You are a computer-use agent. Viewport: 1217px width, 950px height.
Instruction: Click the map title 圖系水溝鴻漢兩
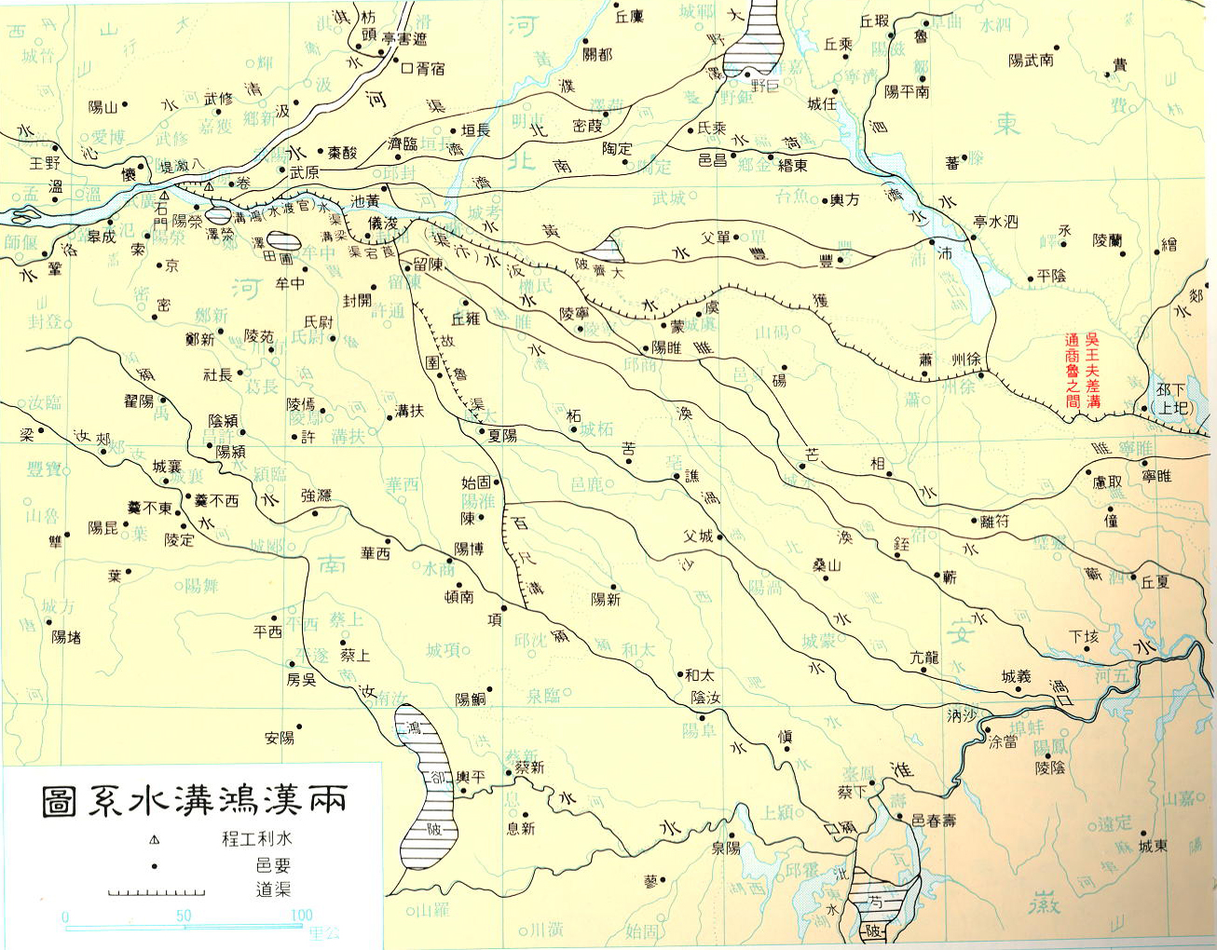(x=195, y=800)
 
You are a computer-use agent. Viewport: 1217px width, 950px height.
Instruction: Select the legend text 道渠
(x=273, y=889)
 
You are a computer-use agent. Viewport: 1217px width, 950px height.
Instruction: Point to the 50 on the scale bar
(x=183, y=916)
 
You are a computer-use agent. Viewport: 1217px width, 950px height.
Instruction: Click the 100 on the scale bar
(x=301, y=916)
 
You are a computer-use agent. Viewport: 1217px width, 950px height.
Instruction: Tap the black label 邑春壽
(x=934, y=820)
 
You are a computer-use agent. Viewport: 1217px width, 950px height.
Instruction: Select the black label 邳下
(x=1170, y=390)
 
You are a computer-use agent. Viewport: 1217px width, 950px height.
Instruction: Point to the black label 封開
(x=357, y=300)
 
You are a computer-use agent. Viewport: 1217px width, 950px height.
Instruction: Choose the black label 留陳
(x=428, y=265)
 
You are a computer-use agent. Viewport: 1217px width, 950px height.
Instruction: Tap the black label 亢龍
(x=923, y=658)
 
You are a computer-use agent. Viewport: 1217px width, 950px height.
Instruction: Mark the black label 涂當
(x=1003, y=743)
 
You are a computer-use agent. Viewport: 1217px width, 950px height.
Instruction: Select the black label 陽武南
(x=1031, y=61)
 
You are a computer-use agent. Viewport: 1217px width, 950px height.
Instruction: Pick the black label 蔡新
(x=529, y=767)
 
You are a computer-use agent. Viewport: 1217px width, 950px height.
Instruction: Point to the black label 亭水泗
(x=995, y=222)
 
